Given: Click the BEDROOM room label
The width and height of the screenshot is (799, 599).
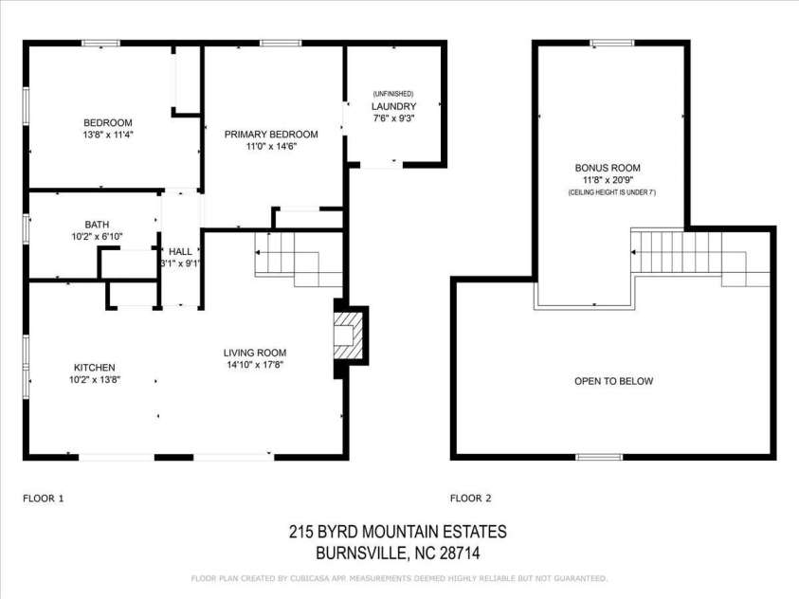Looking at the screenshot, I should [107, 122].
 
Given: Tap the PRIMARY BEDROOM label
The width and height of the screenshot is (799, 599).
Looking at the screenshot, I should [271, 134].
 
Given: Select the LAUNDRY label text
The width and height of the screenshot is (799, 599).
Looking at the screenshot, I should [393, 106].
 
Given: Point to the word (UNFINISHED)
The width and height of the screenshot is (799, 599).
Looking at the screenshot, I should [393, 94].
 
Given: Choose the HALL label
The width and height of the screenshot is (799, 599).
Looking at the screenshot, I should [180, 251].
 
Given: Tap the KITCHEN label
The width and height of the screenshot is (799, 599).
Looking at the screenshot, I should [95, 367].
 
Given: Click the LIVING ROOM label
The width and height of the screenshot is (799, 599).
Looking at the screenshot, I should [255, 353].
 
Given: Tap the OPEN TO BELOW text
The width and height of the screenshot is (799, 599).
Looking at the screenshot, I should [613, 381].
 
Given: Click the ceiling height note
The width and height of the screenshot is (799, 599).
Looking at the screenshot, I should [611, 192].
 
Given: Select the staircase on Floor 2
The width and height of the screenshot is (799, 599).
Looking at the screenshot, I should [692, 254].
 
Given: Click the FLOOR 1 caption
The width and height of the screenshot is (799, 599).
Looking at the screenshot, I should [43, 498].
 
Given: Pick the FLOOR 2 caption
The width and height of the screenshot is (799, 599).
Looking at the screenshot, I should [471, 498].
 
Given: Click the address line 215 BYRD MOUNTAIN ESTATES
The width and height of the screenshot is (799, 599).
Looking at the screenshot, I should [398, 533].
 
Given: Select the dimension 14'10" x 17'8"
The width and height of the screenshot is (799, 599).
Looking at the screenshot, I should [255, 365].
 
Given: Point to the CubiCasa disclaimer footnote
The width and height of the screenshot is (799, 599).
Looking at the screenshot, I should [399, 577].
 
